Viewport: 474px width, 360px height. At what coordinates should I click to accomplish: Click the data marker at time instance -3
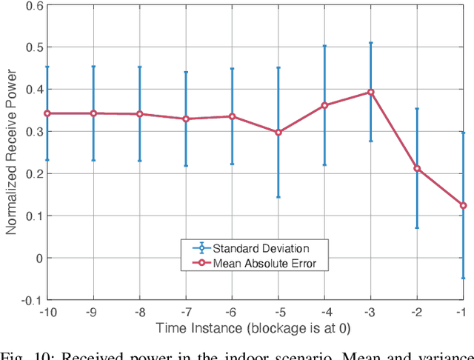coord(370,93)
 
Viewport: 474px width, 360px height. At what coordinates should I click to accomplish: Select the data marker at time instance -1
coord(463,205)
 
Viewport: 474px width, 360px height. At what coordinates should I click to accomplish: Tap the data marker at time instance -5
coord(278,133)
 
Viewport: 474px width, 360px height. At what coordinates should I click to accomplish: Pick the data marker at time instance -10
coord(47,113)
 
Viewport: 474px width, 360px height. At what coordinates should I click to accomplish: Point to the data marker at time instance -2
coord(417,168)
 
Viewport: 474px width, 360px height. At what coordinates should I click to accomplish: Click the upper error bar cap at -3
coord(370,43)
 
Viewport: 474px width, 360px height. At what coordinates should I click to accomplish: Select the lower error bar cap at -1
coord(463,278)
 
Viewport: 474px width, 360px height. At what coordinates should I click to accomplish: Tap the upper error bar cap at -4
coord(324,46)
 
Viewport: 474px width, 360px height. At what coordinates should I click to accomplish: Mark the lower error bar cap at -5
coord(278,197)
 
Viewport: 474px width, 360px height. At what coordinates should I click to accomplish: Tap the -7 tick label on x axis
coord(185,312)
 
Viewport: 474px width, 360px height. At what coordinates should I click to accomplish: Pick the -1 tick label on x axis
coord(463,312)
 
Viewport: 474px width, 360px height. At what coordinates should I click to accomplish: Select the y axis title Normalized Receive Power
coord(11,152)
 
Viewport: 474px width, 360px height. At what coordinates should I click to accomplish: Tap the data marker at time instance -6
coord(232,116)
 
